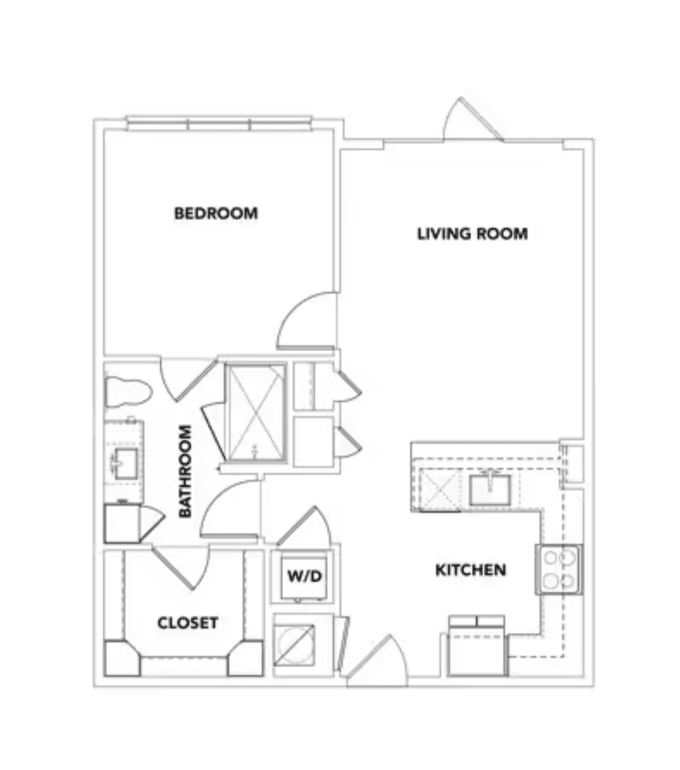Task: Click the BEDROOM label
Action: (216, 213)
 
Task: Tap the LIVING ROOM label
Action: (472, 234)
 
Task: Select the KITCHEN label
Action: (471, 570)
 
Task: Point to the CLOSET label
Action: (187, 622)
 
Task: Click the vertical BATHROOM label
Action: (185, 471)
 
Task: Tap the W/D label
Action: (305, 575)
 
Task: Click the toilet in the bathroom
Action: (127, 391)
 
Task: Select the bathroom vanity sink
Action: (126, 462)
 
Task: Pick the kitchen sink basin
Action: (489, 489)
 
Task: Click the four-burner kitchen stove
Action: (559, 570)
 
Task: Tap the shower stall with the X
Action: (255, 413)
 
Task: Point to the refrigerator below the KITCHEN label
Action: (476, 647)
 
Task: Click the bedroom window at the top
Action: (219, 123)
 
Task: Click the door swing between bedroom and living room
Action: (306, 320)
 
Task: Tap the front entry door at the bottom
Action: (377, 660)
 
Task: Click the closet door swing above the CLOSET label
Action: (181, 567)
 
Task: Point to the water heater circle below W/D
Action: (294, 645)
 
